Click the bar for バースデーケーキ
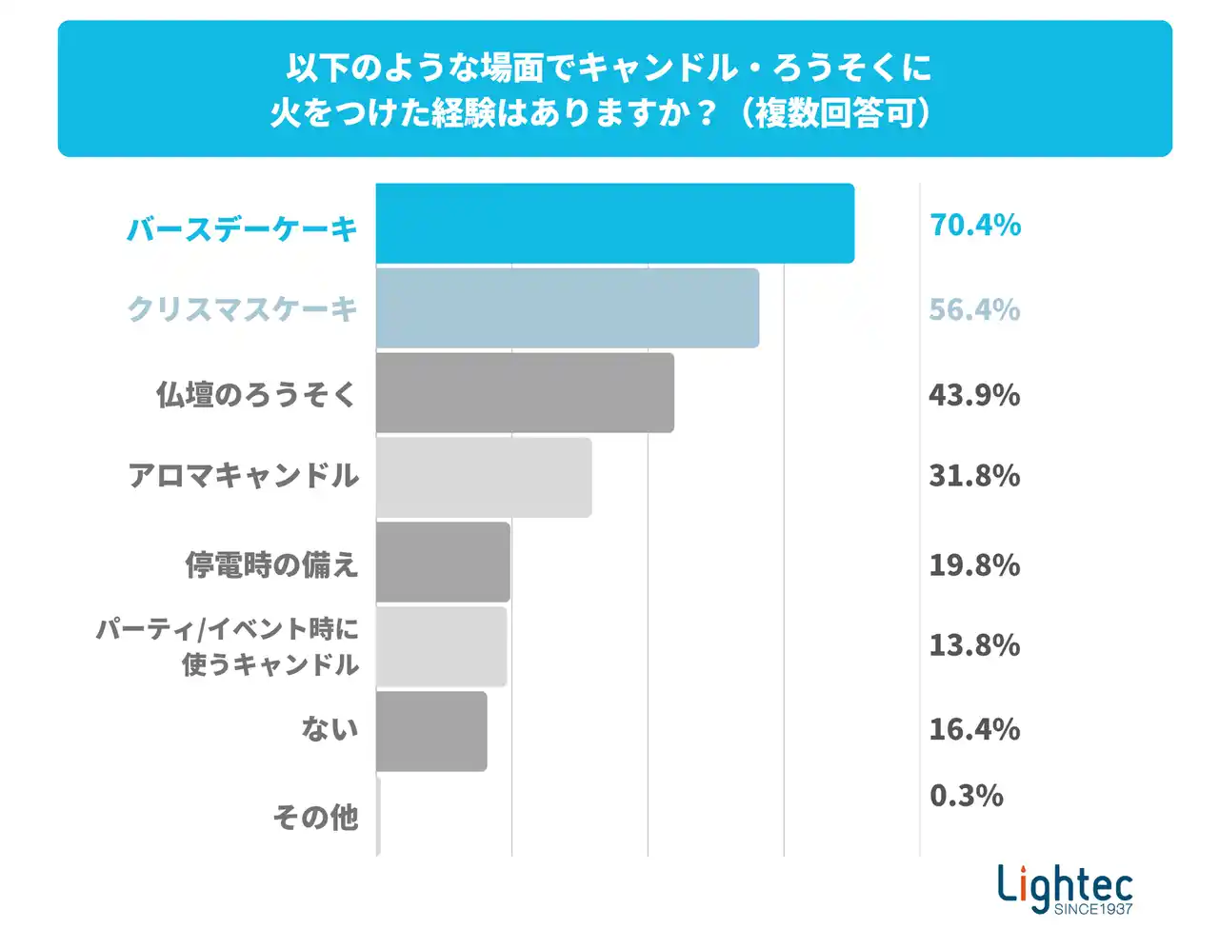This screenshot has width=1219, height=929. [614, 224]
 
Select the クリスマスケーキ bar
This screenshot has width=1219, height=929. [567, 308]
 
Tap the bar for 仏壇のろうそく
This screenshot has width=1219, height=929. [525, 393]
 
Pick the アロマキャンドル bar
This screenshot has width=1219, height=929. [484, 478]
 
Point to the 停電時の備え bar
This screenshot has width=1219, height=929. [443, 563]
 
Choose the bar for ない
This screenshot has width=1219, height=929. [431, 731]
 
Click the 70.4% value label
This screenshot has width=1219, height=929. [974, 226]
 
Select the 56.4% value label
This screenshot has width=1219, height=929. [974, 310]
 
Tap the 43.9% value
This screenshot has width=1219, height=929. [974, 395]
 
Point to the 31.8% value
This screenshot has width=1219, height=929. [974, 476]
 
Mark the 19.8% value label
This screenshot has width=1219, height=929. [974, 565]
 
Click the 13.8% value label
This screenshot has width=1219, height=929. [974, 645]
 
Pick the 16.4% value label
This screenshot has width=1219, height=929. [974, 730]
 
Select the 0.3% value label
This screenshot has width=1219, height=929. [966, 796]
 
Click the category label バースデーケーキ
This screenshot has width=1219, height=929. [242, 229]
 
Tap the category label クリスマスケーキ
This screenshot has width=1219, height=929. [242, 309]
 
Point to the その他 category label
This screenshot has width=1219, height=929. [315, 818]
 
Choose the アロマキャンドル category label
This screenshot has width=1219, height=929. [244, 476]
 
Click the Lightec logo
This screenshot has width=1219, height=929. [1065, 888]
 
